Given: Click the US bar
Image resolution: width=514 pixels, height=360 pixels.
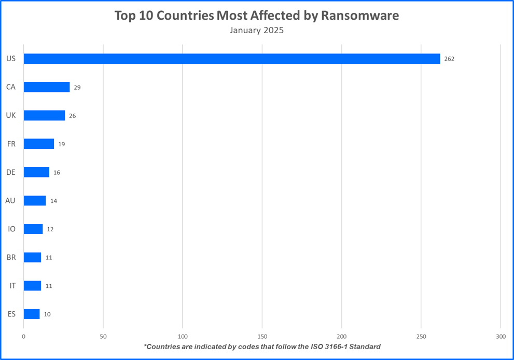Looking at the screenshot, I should click(x=232, y=59).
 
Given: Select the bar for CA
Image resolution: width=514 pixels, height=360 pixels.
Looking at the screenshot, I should click(x=47, y=87).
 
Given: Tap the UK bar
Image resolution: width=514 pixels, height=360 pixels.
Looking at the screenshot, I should click(x=44, y=115).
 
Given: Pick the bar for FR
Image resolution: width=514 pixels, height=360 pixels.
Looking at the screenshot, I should click(x=39, y=144).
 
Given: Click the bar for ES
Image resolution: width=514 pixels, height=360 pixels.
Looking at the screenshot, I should click(x=32, y=314).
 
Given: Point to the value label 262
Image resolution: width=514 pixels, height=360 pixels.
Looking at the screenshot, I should click(x=449, y=59).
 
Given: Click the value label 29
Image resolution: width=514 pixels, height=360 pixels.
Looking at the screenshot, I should click(x=77, y=88).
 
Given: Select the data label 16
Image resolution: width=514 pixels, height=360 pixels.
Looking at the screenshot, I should click(x=57, y=173).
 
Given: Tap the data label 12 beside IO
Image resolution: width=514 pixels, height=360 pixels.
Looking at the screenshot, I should click(x=50, y=229).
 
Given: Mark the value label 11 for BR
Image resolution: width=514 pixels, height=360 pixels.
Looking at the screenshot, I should click(x=49, y=258).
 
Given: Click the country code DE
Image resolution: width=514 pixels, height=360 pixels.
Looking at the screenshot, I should click(x=11, y=172).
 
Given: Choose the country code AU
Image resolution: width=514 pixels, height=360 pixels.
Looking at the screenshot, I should click(x=10, y=200).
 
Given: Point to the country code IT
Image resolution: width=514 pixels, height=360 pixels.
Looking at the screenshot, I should click(x=12, y=285).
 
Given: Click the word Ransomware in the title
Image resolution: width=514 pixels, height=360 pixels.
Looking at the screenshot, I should click(x=360, y=16).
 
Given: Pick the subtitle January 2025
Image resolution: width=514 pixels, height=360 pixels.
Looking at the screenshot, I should click(x=257, y=30).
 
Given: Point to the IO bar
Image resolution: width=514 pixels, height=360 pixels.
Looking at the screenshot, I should click(x=33, y=229).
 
